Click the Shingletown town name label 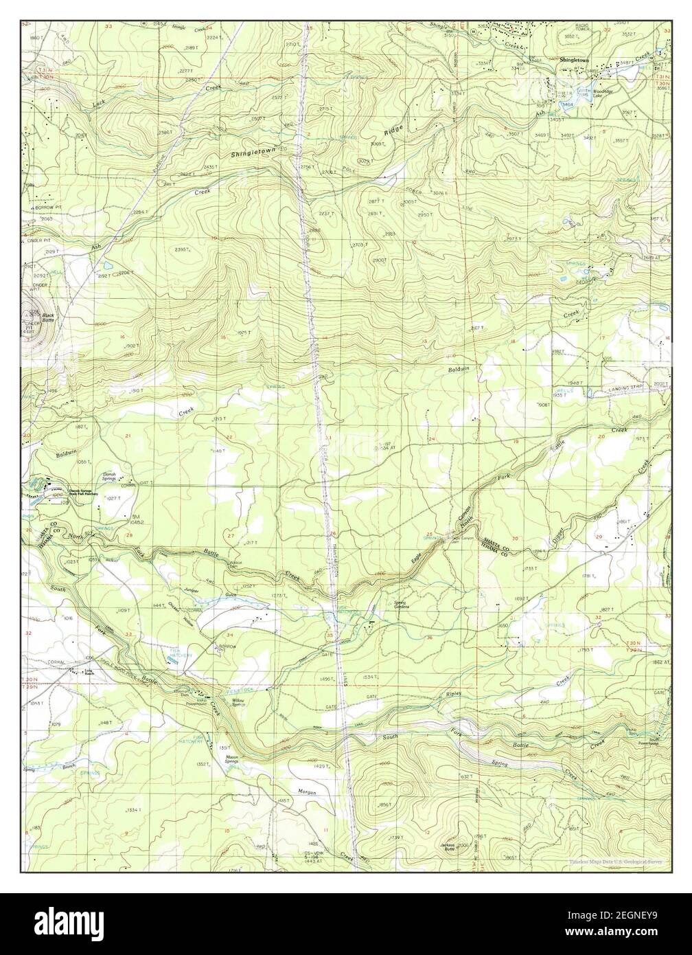pyautogui.click(x=574, y=60)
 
